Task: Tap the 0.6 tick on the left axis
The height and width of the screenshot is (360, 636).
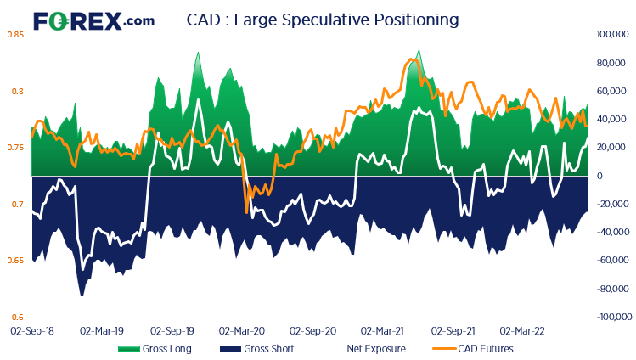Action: (16, 317)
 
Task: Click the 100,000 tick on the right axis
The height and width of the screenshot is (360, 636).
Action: (611, 35)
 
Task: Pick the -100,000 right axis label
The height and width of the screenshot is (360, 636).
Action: (611, 317)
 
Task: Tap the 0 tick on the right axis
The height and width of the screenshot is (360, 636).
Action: (599, 176)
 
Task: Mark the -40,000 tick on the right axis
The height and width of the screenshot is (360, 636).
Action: (611, 232)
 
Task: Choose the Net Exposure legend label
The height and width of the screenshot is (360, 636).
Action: (376, 348)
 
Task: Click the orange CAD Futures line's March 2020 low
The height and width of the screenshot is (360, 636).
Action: (246, 211)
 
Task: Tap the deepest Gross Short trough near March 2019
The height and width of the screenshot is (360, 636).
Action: (82, 295)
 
